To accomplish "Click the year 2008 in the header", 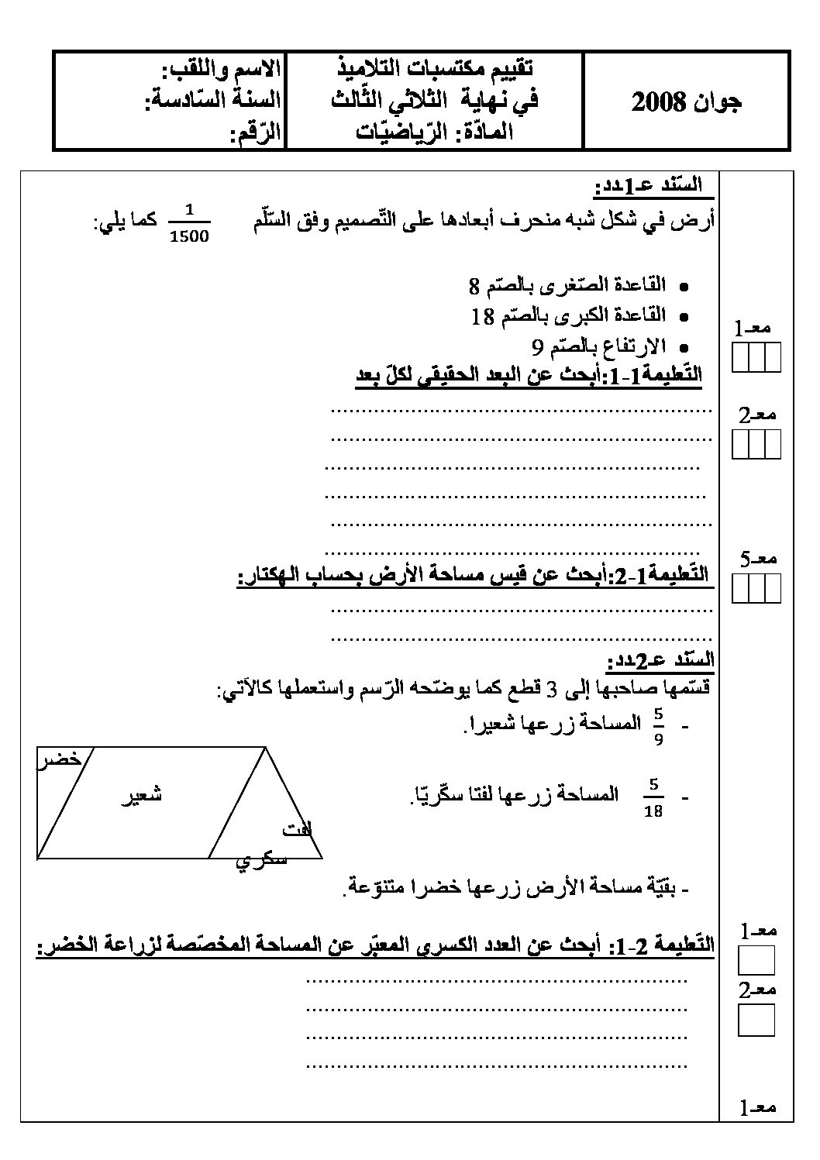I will (x=659, y=102).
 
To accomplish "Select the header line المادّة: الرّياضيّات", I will (x=435, y=132).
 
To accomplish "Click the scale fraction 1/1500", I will (x=188, y=223).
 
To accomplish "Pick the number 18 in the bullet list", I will (x=483, y=316).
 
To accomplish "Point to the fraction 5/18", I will (x=653, y=798).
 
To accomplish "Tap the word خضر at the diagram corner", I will (x=60, y=759).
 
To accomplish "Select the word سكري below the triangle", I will (x=261, y=860).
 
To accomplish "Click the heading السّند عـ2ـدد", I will (x=660, y=661).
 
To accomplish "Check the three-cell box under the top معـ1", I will (x=756, y=359).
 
